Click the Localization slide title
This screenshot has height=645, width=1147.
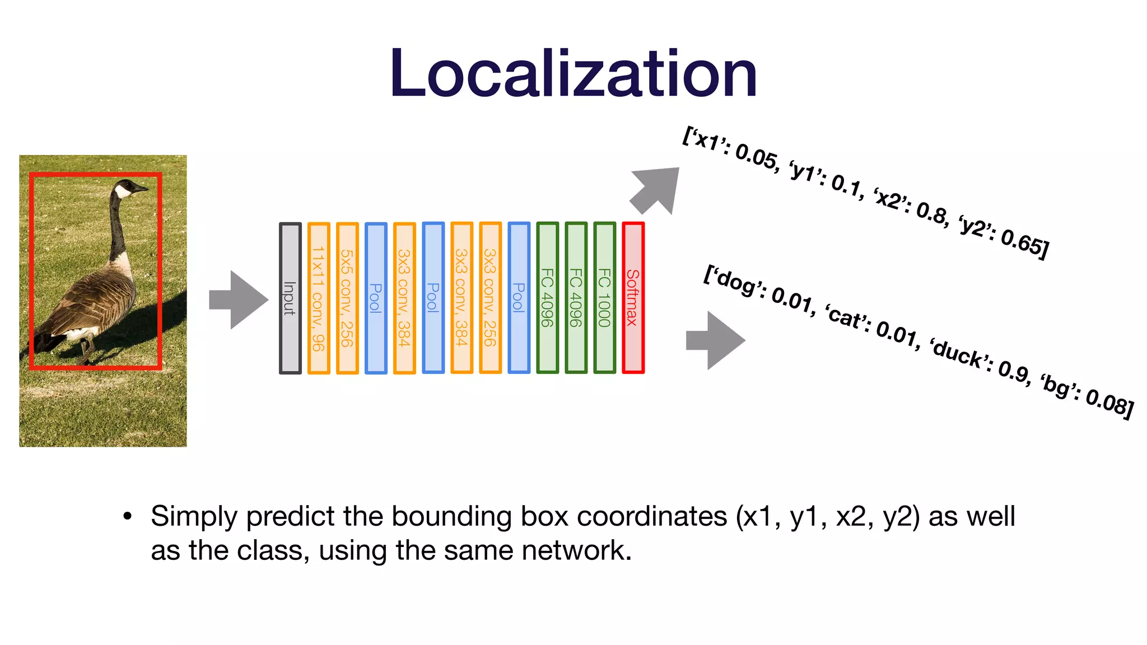coord(573,74)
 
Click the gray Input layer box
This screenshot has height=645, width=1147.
coord(290,298)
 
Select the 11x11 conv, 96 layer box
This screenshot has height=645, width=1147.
coord(319,298)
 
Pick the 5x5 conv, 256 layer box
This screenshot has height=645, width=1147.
coord(347,298)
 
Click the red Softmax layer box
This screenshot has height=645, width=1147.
coord(633,298)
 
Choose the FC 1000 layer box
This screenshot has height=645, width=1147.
coord(604,298)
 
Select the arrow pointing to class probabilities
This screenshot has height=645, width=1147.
coord(717,340)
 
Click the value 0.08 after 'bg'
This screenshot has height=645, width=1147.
coord(1109,402)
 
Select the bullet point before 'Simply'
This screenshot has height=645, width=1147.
coord(128,516)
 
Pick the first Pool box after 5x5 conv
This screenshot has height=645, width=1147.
coord(376,298)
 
